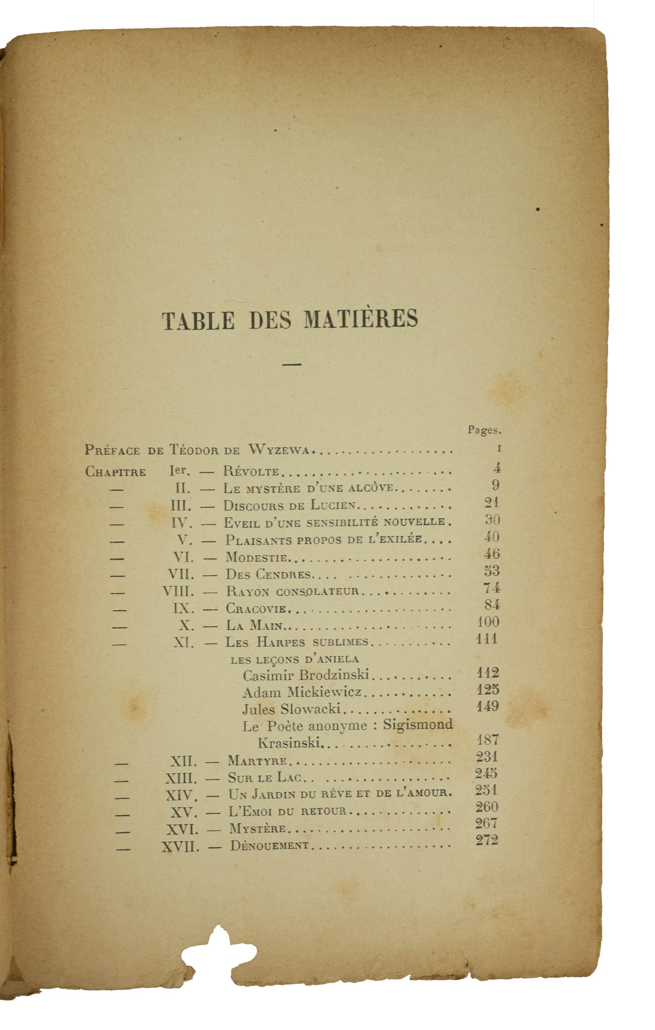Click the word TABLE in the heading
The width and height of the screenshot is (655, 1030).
198,321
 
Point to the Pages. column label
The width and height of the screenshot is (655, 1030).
484,430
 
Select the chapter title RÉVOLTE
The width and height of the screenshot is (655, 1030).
251,472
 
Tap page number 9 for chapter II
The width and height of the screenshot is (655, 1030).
495,485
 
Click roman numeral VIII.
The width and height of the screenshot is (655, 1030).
178,591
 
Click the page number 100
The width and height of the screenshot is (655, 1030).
488,622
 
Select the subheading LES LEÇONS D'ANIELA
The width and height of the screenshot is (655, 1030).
294,659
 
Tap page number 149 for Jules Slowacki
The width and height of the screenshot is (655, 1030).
488,706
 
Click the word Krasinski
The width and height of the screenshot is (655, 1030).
289,742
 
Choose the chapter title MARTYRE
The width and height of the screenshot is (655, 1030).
257,760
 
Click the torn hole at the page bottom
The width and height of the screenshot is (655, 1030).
219,952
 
